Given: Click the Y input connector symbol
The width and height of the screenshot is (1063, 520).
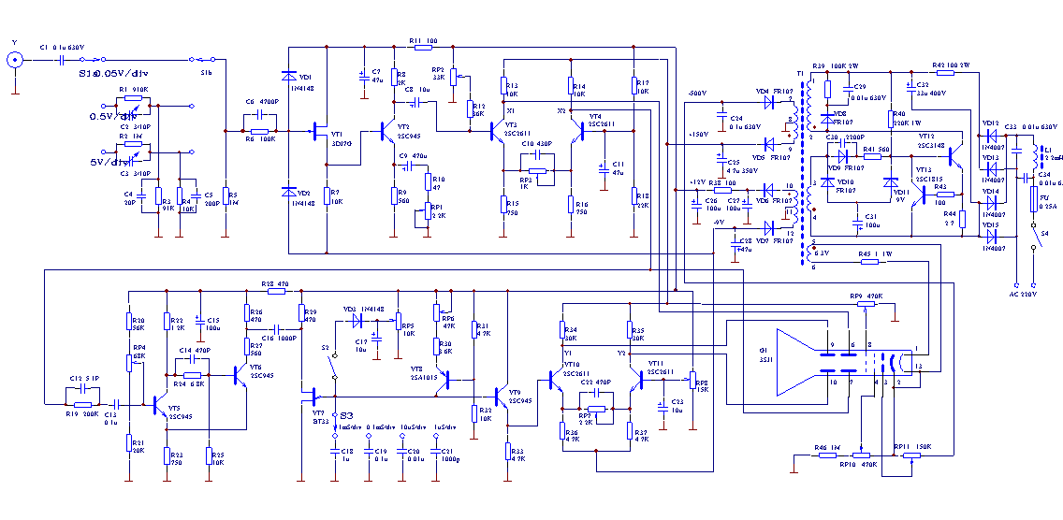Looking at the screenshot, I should coord(15,60).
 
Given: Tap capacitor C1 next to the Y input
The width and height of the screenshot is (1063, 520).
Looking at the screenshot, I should coord(60,60).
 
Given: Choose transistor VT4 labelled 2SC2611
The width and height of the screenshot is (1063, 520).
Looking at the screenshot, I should coord(581,132).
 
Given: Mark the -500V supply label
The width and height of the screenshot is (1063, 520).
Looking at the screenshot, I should coord(696,95).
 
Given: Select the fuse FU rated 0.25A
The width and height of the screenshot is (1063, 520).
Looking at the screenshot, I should coord(1033,200).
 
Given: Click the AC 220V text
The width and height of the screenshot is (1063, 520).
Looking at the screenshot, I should coord(1024,296).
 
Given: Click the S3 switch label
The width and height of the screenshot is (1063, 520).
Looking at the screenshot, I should coord(346,414).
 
